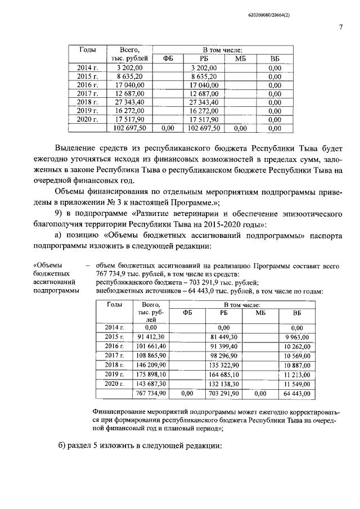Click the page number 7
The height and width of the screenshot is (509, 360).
[340, 28]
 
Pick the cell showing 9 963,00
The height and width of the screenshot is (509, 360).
[297, 336]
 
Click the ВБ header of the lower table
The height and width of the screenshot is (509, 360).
[297, 313]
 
